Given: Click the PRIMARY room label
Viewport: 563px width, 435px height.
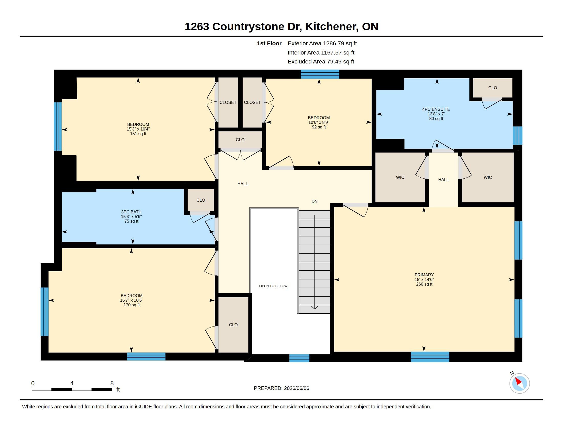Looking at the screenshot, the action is point(424,275).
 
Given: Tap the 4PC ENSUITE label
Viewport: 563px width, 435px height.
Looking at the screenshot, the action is point(436,109).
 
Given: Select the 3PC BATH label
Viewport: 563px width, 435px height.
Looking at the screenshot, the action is point(131,212).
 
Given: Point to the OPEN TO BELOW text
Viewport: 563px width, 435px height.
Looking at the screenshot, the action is point(273,286).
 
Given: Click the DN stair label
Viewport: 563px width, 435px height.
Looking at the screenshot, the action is point(315,202).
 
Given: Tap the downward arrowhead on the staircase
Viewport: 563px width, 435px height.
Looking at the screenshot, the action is point(315,307).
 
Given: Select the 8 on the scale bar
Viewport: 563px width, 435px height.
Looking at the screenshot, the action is point(112,383).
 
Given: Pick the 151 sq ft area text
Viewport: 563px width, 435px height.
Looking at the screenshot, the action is point(138,134).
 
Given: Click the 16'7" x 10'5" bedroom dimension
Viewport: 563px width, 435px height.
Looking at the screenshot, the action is point(132,300).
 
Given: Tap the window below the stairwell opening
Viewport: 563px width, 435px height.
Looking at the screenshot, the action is point(299,358).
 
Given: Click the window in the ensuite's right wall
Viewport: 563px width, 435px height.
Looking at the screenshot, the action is point(517,136).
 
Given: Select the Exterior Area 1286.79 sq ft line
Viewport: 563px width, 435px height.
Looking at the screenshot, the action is point(322,43).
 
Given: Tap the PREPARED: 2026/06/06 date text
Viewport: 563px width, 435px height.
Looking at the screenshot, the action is point(281,388).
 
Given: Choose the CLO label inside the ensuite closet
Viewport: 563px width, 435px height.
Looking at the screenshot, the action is point(493,88).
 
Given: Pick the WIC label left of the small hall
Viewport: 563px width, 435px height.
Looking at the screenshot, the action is point(400,177).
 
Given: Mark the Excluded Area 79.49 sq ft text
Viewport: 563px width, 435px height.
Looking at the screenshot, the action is point(321,62).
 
